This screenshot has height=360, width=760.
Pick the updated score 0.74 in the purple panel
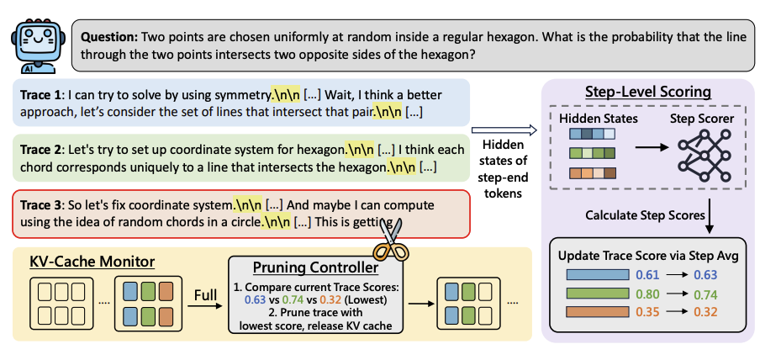point(705,295)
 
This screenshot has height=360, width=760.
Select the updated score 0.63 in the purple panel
point(705,274)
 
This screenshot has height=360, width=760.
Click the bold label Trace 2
point(42,149)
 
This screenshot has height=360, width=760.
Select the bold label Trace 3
point(42,204)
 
